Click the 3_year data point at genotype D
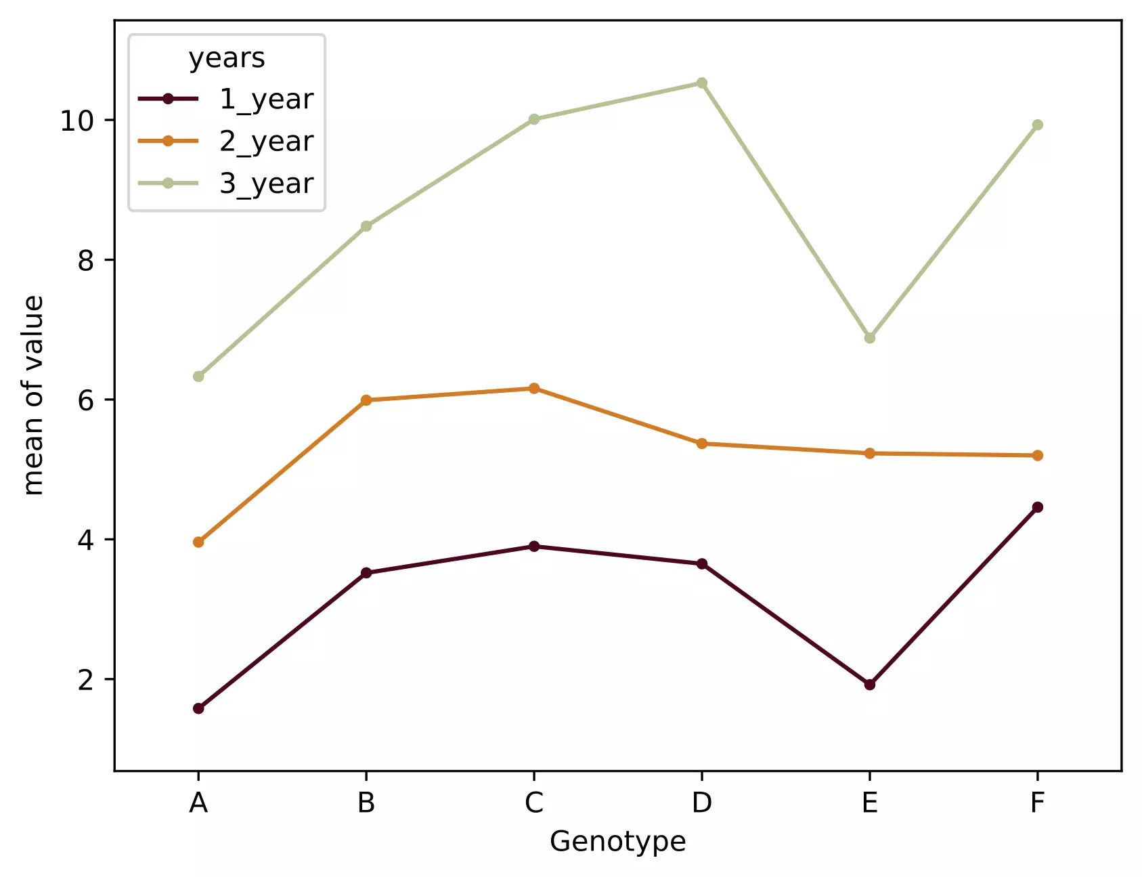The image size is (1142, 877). pyautogui.click(x=702, y=83)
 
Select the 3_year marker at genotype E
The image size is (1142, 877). pyautogui.click(x=870, y=338)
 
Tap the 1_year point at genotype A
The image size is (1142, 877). pyautogui.click(x=198, y=708)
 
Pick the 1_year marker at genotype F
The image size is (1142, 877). pyautogui.click(x=1037, y=507)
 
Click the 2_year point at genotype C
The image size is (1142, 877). pyautogui.click(x=534, y=389)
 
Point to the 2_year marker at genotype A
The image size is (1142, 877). pyautogui.click(x=198, y=542)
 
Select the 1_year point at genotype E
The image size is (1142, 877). pyautogui.click(x=870, y=685)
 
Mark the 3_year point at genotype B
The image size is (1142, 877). pyautogui.click(x=366, y=226)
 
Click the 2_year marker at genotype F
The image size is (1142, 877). pyautogui.click(x=1037, y=456)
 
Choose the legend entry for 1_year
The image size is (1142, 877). pyautogui.click(x=266, y=100)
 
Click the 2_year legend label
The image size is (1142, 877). pyautogui.click(x=266, y=142)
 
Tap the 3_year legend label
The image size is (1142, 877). pyautogui.click(x=266, y=184)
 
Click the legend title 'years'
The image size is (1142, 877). pyautogui.click(x=227, y=58)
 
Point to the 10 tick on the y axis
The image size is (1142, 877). pyautogui.click(x=77, y=121)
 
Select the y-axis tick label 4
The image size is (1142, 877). pyautogui.click(x=85, y=540)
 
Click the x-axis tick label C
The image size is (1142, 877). pyautogui.click(x=534, y=803)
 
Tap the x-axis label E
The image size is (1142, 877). pyautogui.click(x=870, y=803)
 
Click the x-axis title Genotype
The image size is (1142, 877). pyautogui.click(x=617, y=842)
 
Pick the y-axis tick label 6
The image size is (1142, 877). pyautogui.click(x=85, y=400)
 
